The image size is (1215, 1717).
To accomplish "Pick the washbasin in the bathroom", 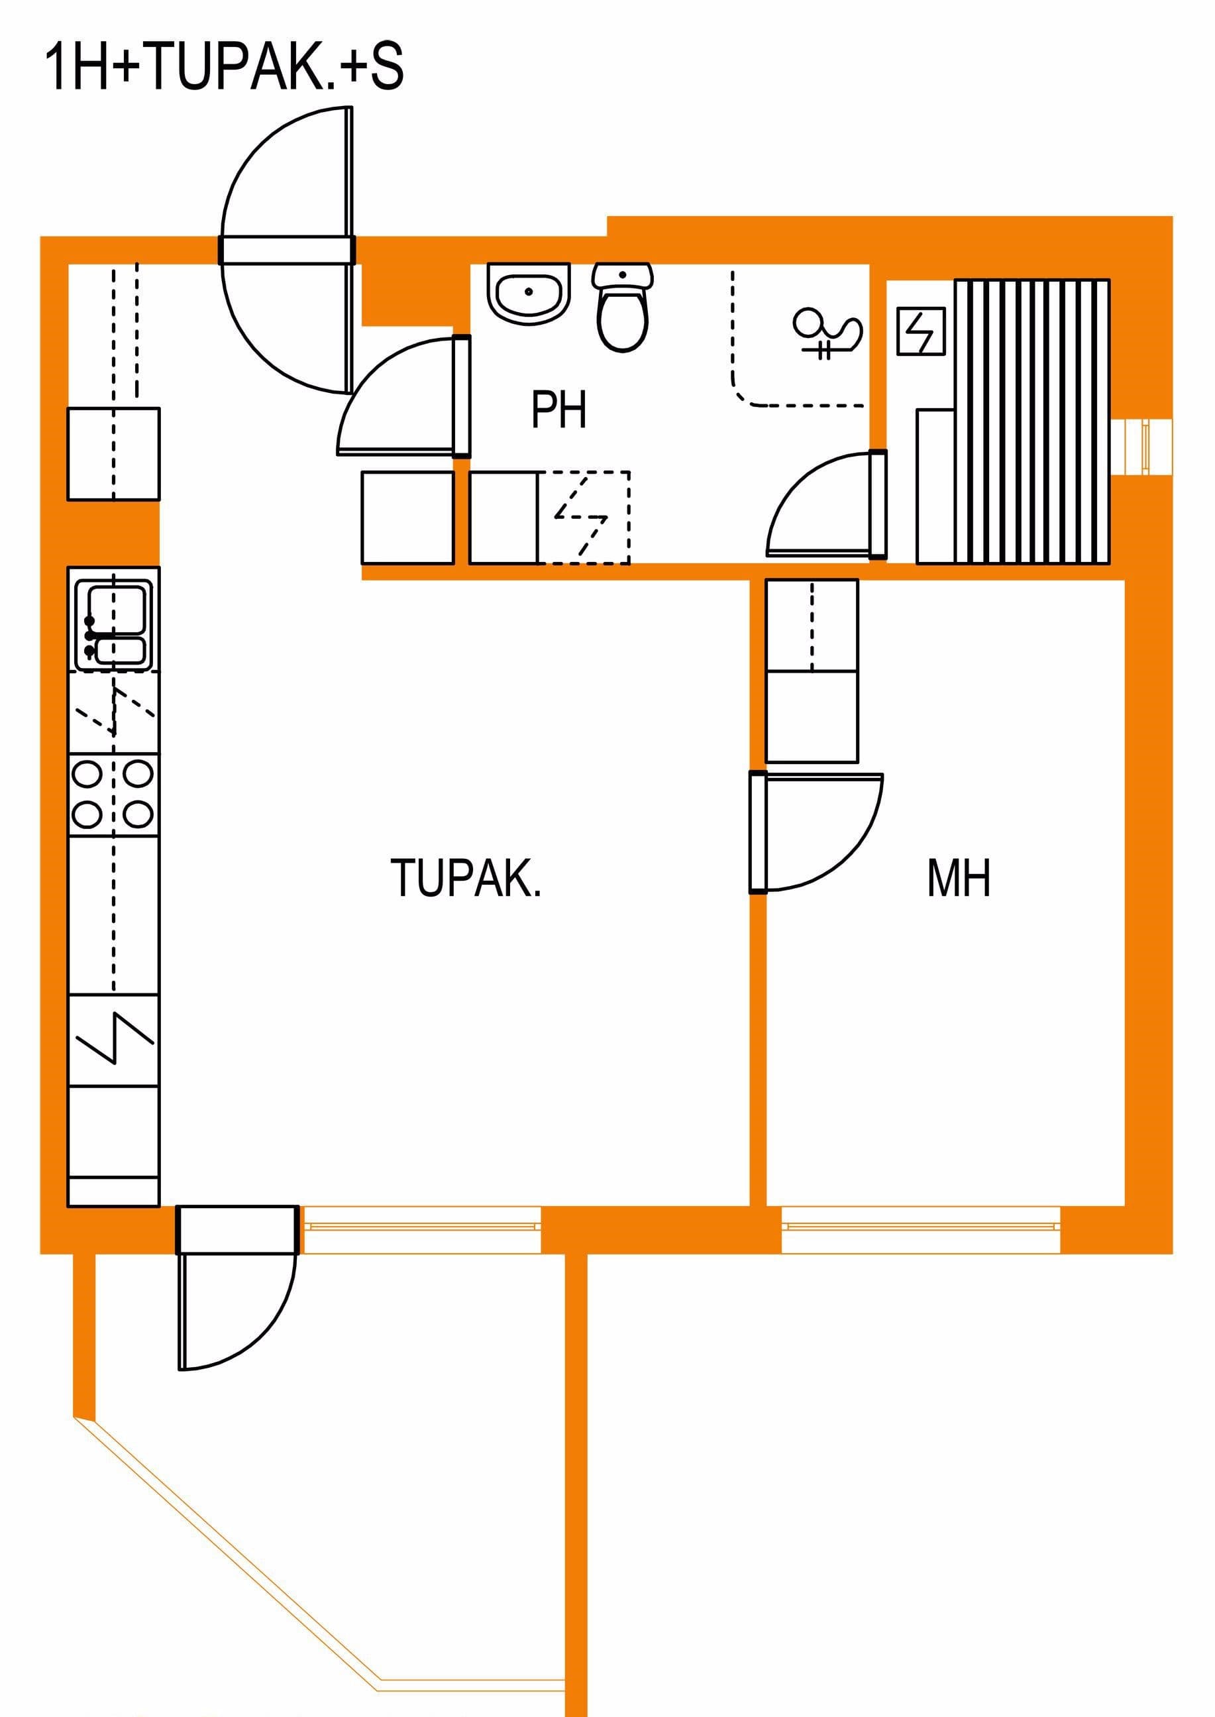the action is click(528, 294).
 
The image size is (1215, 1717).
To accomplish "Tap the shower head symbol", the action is click(827, 333).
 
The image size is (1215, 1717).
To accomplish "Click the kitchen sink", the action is click(113, 626).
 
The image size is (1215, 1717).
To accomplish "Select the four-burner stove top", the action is click(113, 795).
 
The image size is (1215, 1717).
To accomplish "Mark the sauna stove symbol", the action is click(921, 331).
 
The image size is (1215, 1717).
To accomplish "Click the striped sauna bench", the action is click(1031, 421).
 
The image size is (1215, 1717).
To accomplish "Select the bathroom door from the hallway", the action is click(404, 396).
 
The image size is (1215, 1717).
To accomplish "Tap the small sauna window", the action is click(1141, 447).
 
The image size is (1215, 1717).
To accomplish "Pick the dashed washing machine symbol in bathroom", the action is click(584, 518).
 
